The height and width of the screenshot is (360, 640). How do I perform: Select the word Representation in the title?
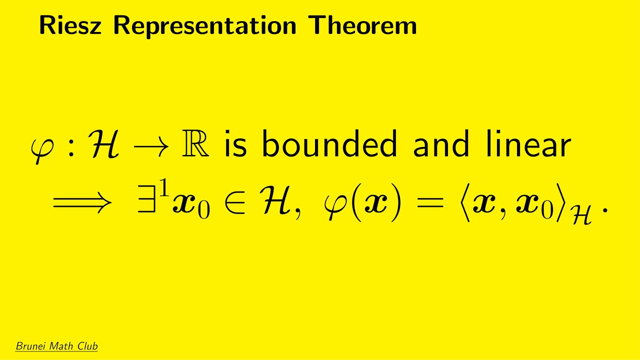coord(205,26)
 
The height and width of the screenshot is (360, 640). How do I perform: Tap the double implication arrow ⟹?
coord(82,204)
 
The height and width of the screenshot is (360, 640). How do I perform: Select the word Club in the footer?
coord(86,346)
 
